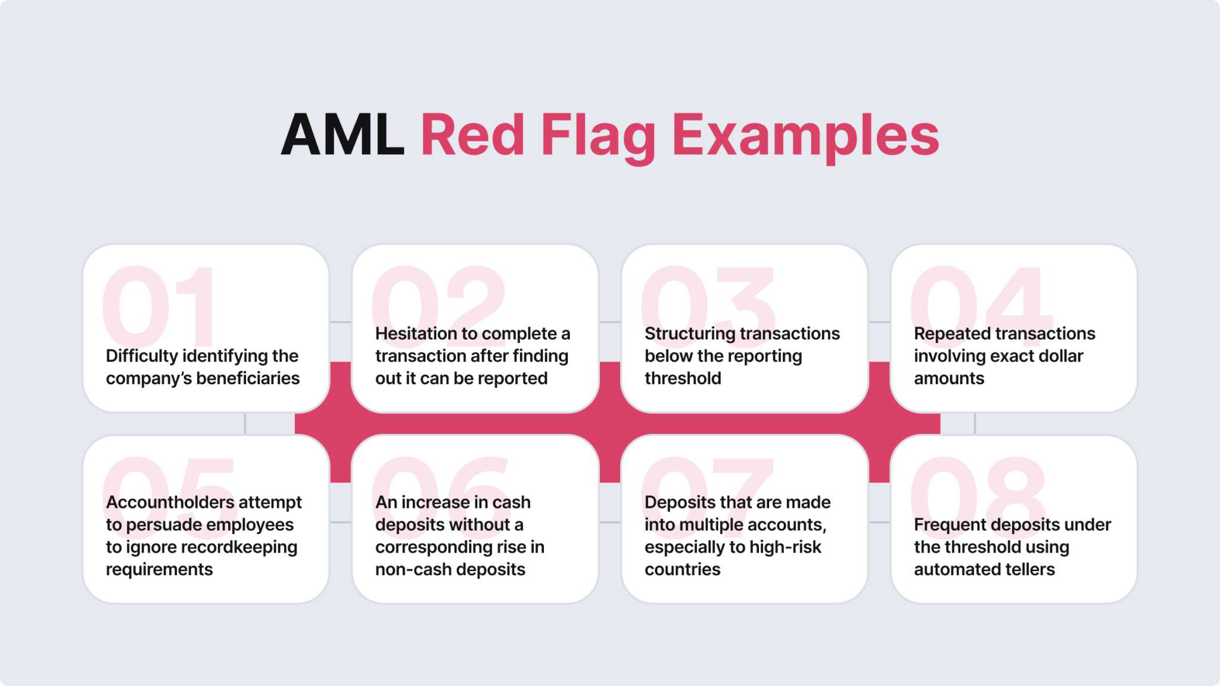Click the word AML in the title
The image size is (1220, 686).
(343, 136)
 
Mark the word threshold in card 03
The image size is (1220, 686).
(683, 379)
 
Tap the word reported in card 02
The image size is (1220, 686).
(513, 379)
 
